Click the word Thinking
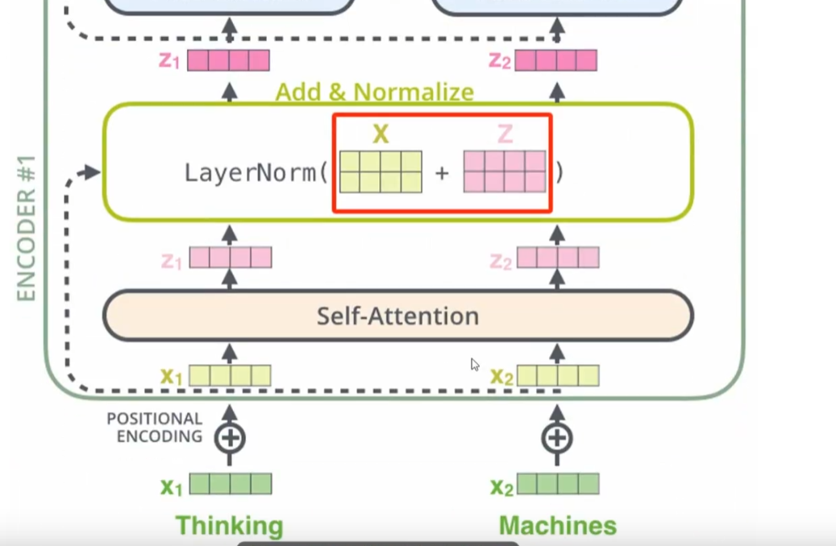[230, 526]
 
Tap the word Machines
[558, 526]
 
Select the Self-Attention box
[397, 316]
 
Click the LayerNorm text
[251, 173]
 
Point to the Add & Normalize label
[374, 92]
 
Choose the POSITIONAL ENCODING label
[155, 428]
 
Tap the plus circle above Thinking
[230, 438]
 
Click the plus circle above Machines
[557, 438]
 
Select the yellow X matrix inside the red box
[381, 172]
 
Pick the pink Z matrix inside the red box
[505, 172]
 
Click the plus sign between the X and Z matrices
[442, 172]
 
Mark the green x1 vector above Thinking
[231, 484]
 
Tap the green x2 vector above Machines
[558, 484]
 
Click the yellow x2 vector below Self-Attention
[558, 376]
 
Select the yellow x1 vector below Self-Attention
[230, 376]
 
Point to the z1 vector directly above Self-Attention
[231, 258]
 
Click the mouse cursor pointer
[475, 365]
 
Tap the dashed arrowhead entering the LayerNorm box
[93, 172]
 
